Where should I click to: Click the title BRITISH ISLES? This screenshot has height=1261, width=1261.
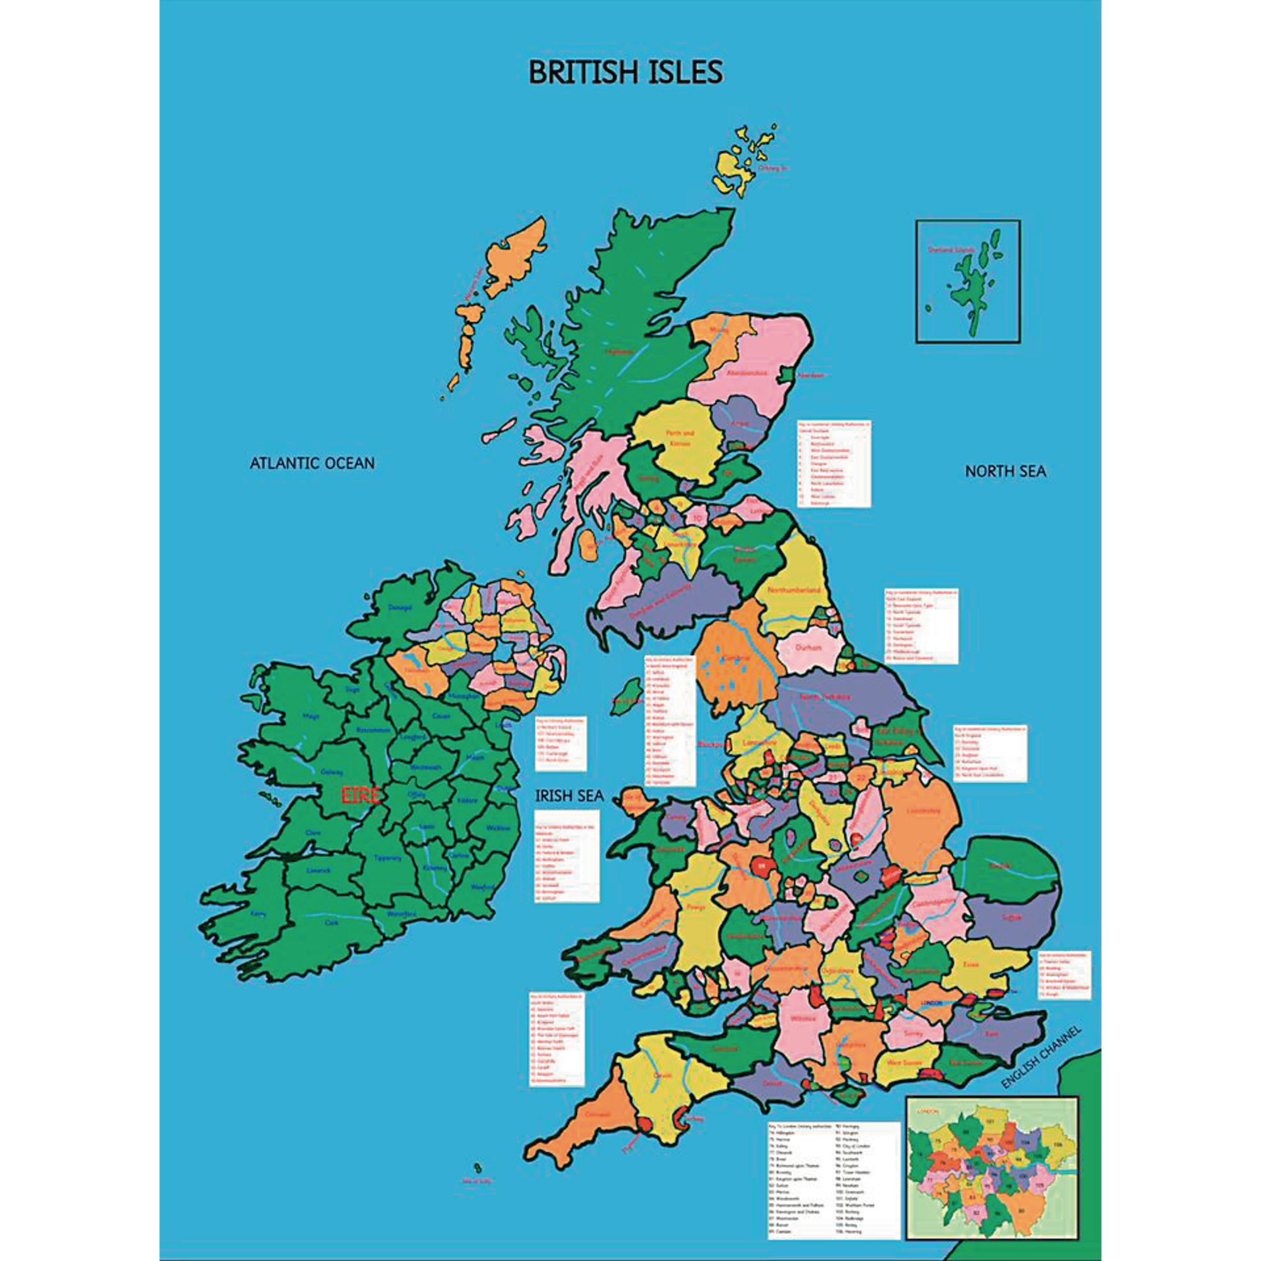pyautogui.click(x=625, y=73)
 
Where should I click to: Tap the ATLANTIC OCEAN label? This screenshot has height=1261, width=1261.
pyautogui.click(x=312, y=463)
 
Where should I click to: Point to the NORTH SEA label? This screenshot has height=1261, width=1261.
pyautogui.click(x=1005, y=471)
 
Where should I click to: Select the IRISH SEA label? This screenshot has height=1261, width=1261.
pyautogui.click(x=569, y=795)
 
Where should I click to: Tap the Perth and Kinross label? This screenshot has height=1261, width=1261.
pyautogui.click(x=680, y=438)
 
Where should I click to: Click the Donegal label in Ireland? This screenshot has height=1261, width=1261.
pyautogui.click(x=400, y=607)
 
